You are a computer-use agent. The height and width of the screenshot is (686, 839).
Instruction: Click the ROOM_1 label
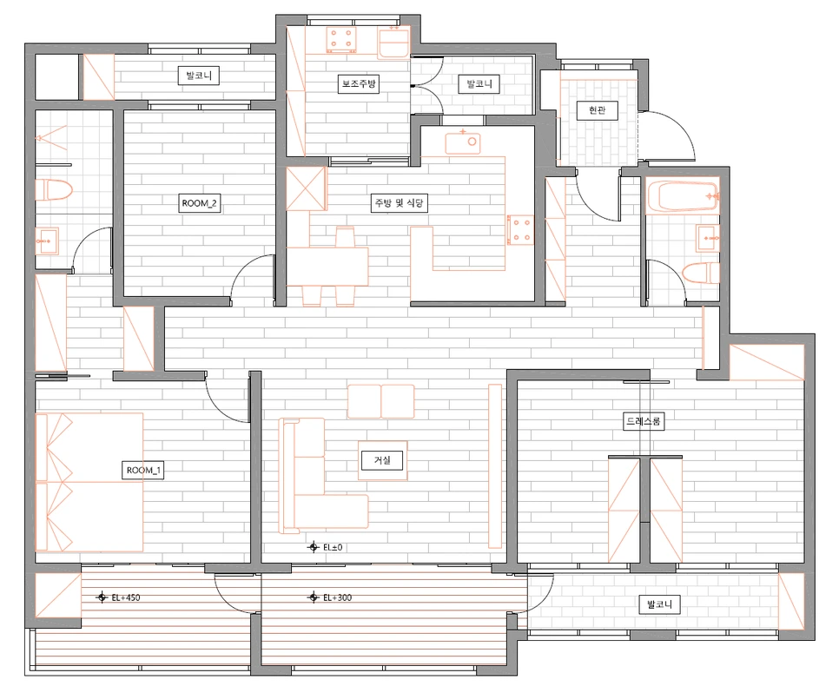point(144,471)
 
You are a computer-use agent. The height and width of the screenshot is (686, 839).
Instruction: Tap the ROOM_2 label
point(200,203)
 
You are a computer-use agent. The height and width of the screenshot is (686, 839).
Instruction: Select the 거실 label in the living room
point(382,460)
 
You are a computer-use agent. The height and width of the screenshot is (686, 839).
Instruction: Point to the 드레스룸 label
point(644,420)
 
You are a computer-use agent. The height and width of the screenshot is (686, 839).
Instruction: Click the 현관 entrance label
point(596,110)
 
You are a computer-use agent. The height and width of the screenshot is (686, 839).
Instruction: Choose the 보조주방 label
point(359,84)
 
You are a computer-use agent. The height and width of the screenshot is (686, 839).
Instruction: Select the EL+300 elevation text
point(337,597)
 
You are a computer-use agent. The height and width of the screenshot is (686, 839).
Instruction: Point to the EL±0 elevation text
point(333,547)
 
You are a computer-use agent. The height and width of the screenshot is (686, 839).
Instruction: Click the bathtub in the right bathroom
point(682,197)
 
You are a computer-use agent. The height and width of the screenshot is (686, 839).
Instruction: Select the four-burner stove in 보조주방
point(341,39)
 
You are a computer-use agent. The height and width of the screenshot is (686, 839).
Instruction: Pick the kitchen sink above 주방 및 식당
point(463,142)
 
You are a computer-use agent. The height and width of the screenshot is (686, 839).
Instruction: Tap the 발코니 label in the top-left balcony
point(199,76)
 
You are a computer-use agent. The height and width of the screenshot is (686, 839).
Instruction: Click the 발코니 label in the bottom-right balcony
point(659,604)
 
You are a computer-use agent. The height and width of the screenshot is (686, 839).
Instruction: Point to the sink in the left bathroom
point(47,241)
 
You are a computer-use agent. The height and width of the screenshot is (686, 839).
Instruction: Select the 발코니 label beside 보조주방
point(479,84)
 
